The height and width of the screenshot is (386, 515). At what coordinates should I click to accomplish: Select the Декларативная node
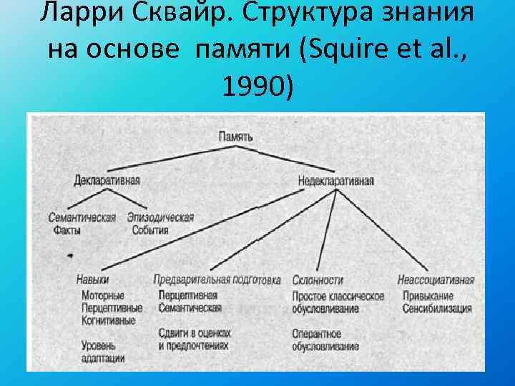[107, 180]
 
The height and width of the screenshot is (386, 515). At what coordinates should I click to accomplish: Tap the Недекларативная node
[335, 181]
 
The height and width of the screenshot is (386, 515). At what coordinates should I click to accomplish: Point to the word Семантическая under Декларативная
[82, 218]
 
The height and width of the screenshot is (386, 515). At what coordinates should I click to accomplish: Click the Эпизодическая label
[160, 218]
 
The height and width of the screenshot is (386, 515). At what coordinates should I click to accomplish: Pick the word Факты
[67, 230]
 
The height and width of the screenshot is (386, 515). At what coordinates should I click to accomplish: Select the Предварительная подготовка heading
[217, 280]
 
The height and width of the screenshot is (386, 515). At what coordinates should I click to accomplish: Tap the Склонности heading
[318, 280]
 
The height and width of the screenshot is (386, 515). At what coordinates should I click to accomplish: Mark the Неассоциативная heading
[436, 280]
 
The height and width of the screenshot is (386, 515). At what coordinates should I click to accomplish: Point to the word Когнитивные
[108, 321]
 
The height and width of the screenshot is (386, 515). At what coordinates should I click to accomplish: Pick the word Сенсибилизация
[436, 309]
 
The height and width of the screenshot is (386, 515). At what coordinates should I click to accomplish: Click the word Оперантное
[316, 334]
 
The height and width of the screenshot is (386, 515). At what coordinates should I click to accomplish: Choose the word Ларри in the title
[67, 12]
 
